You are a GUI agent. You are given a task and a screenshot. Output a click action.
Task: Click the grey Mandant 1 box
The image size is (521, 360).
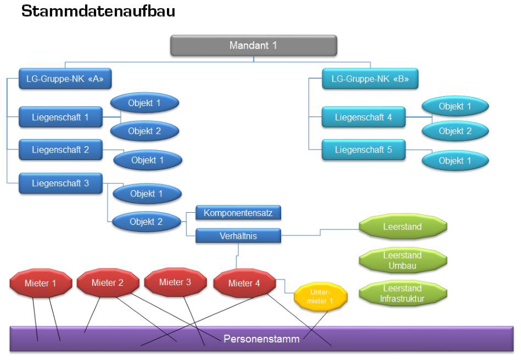click(x=253, y=45)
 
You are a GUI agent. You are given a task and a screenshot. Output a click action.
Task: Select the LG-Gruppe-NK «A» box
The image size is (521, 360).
click(x=65, y=79)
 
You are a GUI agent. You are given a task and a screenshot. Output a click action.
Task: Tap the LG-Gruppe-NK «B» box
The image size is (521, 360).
click(x=370, y=79)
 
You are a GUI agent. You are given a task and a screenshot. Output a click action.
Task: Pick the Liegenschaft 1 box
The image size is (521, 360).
click(x=60, y=117)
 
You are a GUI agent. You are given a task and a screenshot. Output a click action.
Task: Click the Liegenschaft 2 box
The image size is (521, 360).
click(x=60, y=150)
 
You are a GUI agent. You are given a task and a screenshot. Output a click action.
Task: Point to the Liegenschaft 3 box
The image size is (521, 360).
click(x=60, y=183)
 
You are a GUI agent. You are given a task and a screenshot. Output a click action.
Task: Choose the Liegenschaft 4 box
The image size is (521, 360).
click(x=363, y=117)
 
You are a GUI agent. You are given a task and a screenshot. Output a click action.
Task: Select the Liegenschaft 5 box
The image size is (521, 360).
click(x=363, y=150)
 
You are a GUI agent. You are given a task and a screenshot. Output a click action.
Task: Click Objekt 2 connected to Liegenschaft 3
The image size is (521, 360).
click(x=146, y=221)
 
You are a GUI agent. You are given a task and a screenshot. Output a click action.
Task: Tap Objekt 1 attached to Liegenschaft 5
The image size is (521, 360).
click(x=455, y=161)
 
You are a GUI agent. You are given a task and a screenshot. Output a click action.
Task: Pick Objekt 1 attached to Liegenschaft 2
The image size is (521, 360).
click(x=148, y=160)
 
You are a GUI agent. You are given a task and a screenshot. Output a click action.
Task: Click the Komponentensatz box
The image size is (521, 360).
click(x=238, y=213)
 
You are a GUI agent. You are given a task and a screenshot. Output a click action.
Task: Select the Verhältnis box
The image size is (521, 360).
click(x=238, y=236)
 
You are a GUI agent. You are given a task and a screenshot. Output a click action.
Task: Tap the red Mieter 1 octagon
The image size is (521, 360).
click(x=41, y=283)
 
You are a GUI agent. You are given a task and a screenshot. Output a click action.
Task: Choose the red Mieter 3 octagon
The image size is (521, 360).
click(x=176, y=282)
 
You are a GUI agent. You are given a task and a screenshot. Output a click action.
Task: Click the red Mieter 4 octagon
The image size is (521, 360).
click(x=244, y=283)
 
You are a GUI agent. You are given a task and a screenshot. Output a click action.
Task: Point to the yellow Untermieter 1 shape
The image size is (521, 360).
click(x=320, y=296)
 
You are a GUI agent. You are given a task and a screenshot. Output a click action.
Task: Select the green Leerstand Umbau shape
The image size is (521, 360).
click(x=403, y=260)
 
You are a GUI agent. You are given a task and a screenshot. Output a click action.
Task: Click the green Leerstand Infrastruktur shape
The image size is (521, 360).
click(x=403, y=293)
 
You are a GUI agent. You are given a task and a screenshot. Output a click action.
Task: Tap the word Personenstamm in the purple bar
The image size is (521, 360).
click(x=261, y=339)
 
